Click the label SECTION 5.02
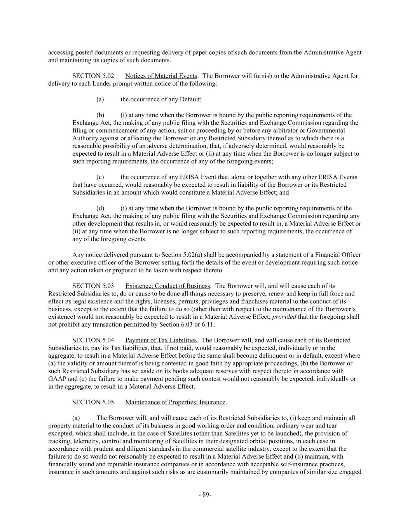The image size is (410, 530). tap(93, 76)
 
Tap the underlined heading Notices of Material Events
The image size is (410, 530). tap(161, 76)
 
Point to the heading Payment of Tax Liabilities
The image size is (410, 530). tap(161, 340)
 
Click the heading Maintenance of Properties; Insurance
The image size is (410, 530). tap(175, 402)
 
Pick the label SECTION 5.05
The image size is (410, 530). tap(93, 402)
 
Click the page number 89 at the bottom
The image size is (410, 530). tap(205, 495)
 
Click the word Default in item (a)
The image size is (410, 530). tap(190, 99)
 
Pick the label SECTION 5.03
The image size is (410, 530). tap(93, 286)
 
